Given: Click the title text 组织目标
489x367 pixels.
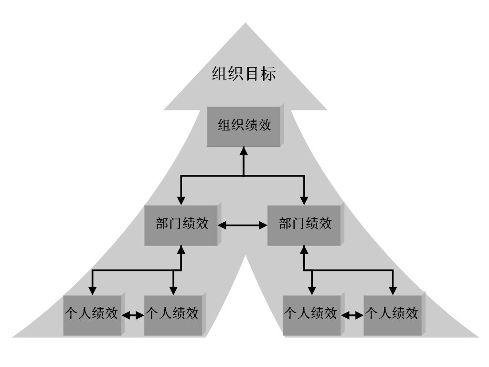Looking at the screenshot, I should (244, 74).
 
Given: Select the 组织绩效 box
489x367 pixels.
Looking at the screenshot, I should (244, 126).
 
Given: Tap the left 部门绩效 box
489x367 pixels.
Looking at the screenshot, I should (181, 224).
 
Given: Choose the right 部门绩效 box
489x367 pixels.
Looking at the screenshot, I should (305, 224).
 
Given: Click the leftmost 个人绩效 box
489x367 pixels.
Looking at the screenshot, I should (92, 314).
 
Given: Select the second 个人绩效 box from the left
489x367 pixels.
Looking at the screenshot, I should (172, 314).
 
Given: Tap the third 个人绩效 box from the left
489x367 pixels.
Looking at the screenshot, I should (311, 314).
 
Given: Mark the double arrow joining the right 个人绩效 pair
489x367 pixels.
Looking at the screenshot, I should (352, 315).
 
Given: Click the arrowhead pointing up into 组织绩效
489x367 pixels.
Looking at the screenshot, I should (243, 151).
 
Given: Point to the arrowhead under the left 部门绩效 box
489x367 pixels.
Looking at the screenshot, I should (181, 249).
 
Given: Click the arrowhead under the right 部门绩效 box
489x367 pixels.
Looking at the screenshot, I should (304, 249).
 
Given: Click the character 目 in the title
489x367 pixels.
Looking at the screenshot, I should (252, 74).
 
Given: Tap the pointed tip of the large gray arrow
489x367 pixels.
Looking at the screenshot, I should (245, 24).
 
